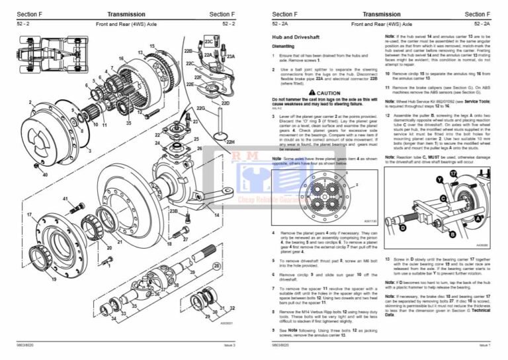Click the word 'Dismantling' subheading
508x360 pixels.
286,46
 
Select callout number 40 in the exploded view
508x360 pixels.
44,175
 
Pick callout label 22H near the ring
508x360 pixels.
230,142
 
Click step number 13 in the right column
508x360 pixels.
388,260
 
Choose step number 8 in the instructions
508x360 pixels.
274,310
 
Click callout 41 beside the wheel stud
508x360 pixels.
65,199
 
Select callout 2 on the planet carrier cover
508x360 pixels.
30,103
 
